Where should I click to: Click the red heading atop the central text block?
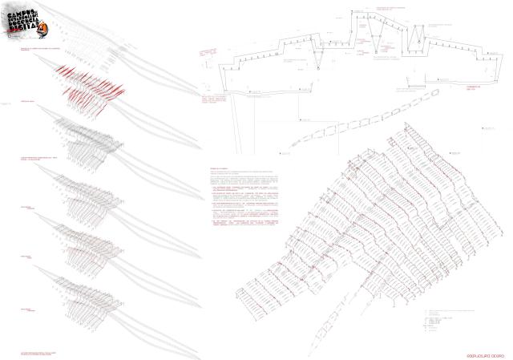pos(219,170)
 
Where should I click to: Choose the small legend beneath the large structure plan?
pos(437,318)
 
